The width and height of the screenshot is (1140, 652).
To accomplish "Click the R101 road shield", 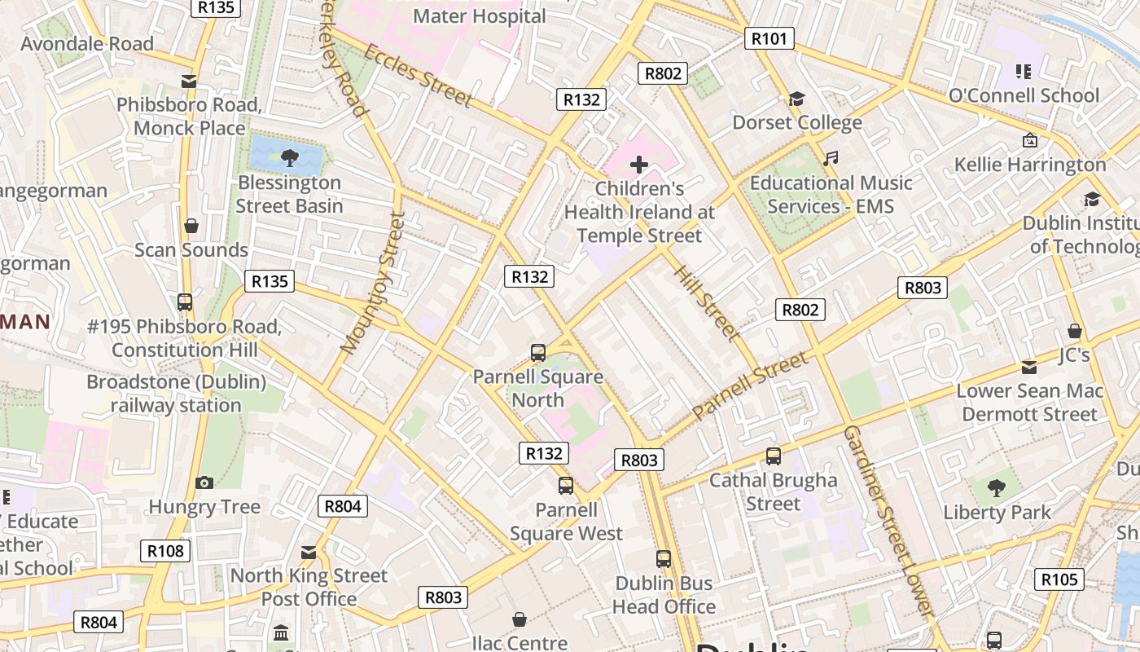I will tap(769, 38).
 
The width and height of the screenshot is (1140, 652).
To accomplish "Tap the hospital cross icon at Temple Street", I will tap(639, 165).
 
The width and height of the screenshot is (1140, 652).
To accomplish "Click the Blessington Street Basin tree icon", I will tap(288, 156).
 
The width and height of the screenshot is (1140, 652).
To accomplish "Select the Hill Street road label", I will tap(706, 302).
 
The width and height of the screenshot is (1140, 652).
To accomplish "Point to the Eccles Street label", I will tap(418, 75).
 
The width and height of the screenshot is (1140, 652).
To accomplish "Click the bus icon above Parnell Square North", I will tap(537, 353).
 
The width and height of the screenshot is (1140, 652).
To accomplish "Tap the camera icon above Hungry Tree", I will tap(204, 483).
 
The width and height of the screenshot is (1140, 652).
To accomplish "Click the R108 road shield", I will tap(165, 551).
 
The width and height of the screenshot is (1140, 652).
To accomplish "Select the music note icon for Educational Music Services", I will tap(830, 159).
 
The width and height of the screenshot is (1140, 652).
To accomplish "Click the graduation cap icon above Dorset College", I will tap(796, 99).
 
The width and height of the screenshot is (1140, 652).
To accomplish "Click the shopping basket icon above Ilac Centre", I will tap(520, 620).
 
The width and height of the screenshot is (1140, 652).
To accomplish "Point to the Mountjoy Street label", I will tap(373, 283).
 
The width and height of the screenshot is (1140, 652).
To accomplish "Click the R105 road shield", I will tap(1059, 579).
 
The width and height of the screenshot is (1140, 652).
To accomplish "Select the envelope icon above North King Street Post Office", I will tap(309, 553).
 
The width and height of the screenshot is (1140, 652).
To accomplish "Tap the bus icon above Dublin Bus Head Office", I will tap(664, 559).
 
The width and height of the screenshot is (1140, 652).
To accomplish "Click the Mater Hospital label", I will tap(480, 15).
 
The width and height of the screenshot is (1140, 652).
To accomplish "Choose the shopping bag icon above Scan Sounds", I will tap(191, 226).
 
